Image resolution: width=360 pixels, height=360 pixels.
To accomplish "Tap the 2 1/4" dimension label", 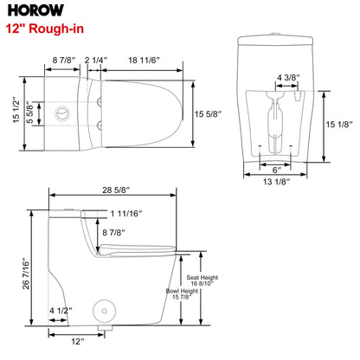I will click(95, 60).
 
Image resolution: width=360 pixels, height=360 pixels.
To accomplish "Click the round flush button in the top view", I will click(61, 113).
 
